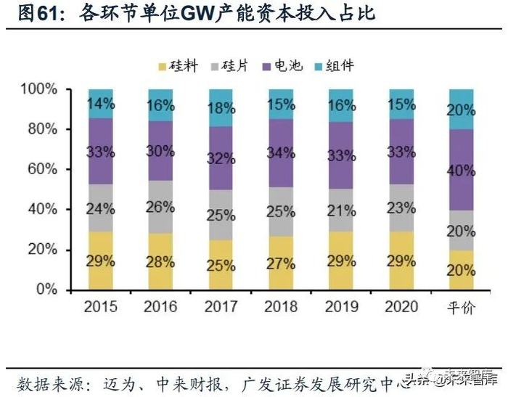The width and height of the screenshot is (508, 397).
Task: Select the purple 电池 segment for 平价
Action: click(462, 171)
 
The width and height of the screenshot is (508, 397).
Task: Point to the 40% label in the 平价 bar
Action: click(462, 171)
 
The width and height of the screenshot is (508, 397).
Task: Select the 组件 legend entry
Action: click(341, 66)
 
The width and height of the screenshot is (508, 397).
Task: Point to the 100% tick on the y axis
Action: click(39, 89)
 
